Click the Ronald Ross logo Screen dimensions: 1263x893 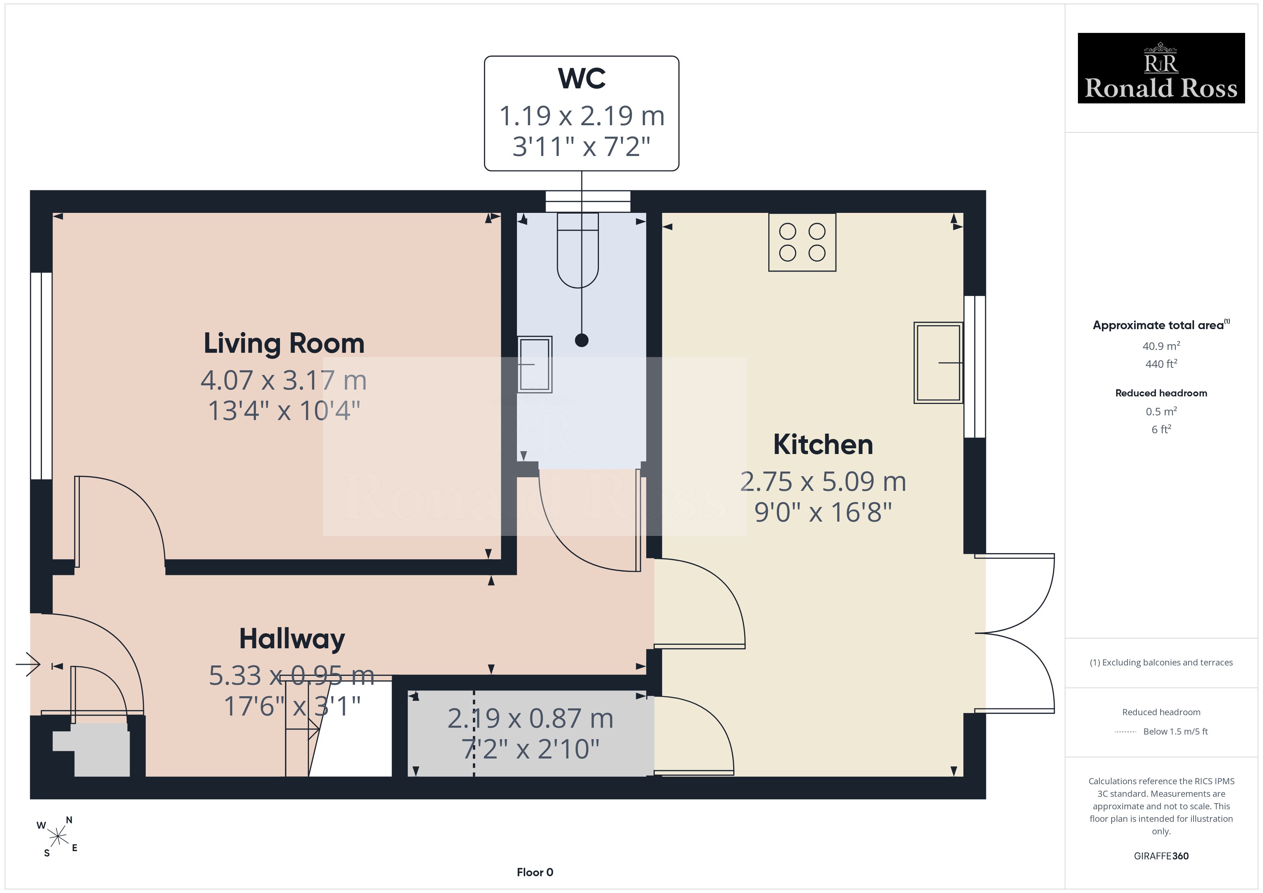point(1161,68)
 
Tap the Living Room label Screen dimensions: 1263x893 point(284,344)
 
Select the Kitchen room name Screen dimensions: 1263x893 point(823,444)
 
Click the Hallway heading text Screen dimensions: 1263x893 point(292,639)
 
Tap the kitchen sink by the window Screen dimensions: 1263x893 point(938,363)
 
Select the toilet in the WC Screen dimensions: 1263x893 point(577,250)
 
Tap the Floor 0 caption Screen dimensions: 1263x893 point(535,872)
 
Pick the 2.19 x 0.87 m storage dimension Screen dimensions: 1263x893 point(530,718)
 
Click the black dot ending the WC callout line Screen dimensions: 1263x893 point(581,340)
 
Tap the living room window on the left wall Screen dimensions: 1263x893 point(41,376)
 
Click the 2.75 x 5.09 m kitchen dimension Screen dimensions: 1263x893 point(823,482)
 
